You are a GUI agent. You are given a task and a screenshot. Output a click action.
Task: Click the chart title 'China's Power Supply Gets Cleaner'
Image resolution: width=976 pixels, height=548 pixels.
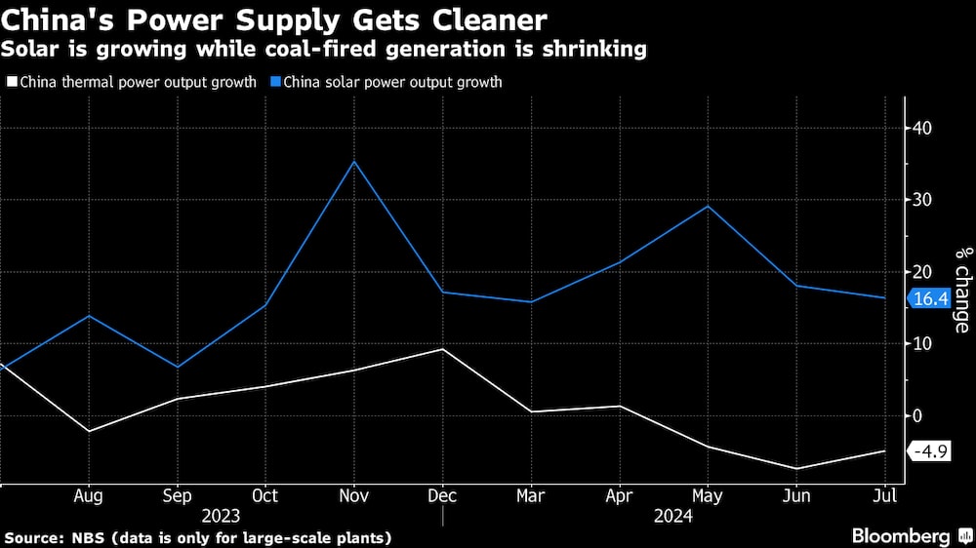tap(276, 20)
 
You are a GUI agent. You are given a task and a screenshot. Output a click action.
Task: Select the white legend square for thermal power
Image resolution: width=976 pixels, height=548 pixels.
tap(11, 83)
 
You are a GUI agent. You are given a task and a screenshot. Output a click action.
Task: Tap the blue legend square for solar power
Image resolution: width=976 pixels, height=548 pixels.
tap(274, 83)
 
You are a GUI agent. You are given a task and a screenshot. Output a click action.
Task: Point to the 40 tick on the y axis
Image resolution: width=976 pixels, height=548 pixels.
tap(922, 128)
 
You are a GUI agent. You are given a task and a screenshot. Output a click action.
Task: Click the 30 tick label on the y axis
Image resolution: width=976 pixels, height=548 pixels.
tap(922, 200)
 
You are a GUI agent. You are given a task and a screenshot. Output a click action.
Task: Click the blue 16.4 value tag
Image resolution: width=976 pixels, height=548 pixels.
tap(930, 299)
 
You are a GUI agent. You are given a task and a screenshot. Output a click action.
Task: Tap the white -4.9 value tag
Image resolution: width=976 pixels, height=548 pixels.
tap(930, 451)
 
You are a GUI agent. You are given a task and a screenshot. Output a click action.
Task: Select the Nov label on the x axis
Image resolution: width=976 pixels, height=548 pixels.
tap(354, 495)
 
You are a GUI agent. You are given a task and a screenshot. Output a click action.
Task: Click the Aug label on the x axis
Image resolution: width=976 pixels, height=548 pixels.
tap(89, 495)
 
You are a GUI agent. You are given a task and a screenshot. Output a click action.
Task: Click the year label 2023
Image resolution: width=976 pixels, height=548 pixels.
tap(222, 516)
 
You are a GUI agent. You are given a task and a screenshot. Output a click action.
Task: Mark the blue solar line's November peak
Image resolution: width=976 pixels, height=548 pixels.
tap(354, 161)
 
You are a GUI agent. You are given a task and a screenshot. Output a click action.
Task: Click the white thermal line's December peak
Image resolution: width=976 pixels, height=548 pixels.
tap(443, 349)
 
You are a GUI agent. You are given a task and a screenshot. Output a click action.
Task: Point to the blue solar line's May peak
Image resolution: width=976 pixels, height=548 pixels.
tap(709, 206)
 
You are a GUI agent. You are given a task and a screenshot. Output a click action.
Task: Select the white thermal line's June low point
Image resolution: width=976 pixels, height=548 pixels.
tap(797, 469)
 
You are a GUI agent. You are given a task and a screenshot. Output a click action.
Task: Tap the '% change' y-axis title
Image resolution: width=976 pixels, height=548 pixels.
tap(962, 290)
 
